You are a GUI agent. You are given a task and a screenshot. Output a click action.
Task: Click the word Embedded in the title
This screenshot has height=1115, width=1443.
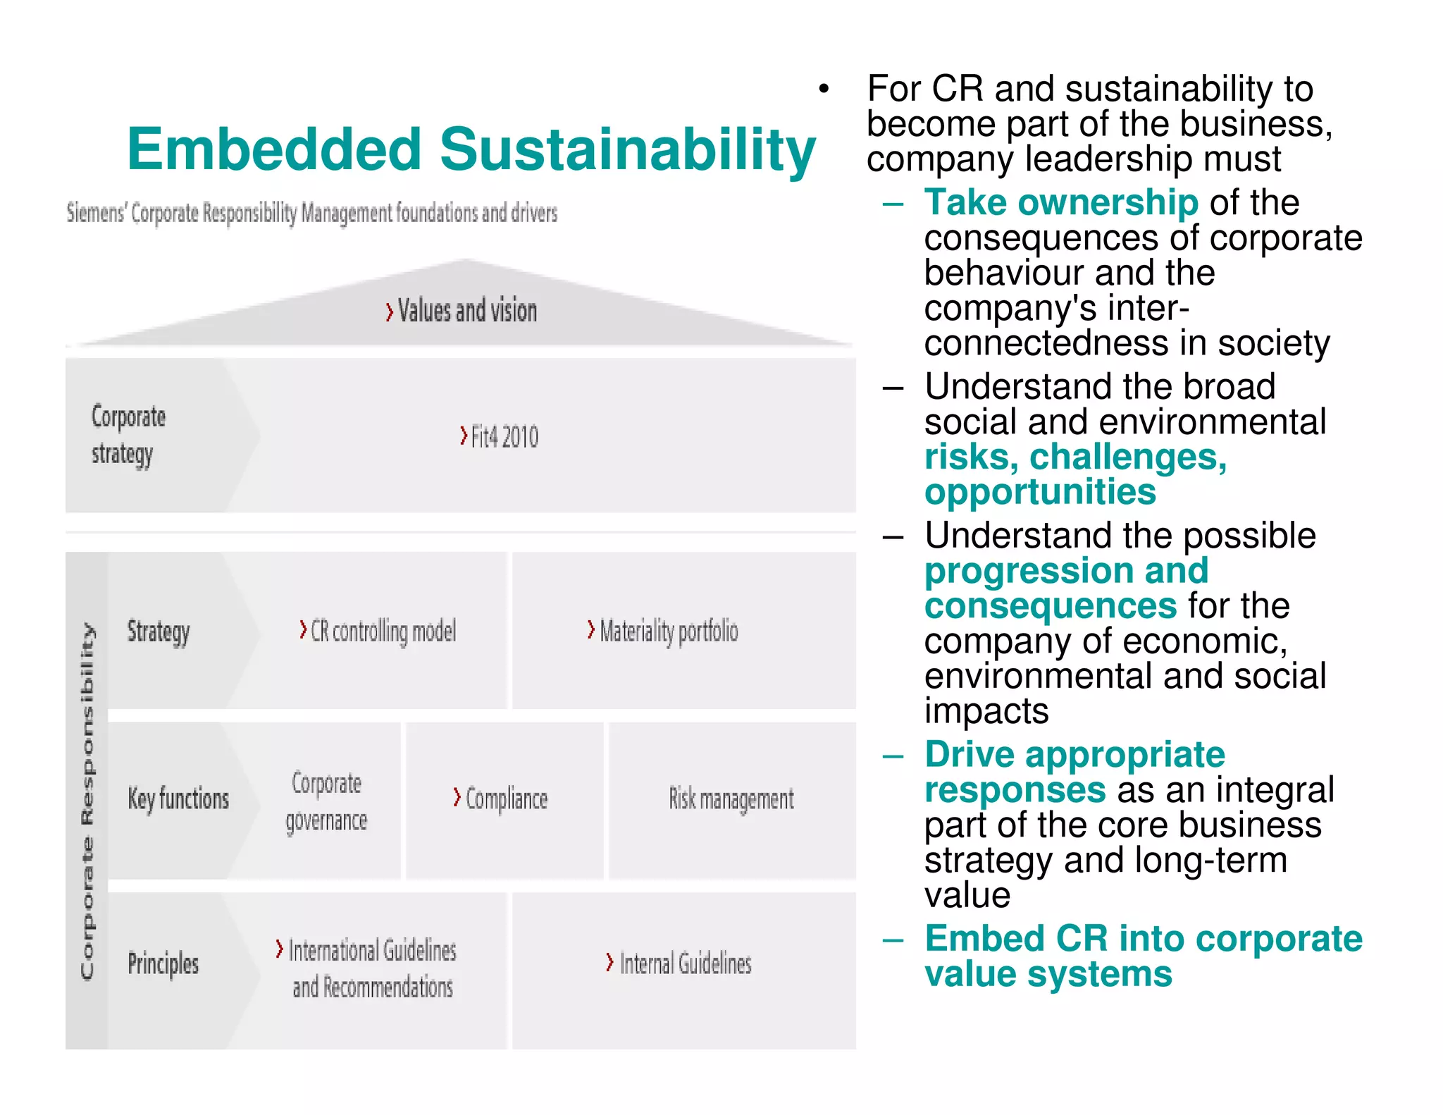pos(274,149)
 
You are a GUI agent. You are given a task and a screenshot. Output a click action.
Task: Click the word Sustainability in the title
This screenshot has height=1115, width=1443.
pos(627,149)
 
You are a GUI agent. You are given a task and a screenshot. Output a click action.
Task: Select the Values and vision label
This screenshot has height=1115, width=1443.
pos(467,311)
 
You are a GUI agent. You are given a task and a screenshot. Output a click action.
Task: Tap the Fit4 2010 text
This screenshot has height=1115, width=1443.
pos(504,437)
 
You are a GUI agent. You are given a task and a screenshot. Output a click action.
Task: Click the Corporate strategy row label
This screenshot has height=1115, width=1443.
pos(128,435)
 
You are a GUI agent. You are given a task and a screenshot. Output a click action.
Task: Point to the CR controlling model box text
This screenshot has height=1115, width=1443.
pos(383,632)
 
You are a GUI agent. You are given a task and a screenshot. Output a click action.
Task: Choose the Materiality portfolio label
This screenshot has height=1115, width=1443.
pos(669,632)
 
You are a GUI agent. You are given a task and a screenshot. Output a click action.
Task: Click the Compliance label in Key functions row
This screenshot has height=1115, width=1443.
pos(506,799)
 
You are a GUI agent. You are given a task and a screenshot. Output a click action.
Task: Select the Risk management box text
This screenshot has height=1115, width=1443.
pos(731,799)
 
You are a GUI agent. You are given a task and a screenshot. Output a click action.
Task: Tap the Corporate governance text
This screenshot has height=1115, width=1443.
pos(326,802)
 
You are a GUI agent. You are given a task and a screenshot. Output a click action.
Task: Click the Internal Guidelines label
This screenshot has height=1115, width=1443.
pos(685,963)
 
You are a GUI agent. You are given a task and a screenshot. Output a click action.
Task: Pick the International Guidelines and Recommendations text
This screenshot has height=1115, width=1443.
pos(372,968)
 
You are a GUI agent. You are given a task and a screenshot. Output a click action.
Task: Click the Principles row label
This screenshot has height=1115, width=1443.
pos(163,963)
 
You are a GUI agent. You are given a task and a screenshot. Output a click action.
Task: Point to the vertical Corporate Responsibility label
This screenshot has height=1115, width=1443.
pos(87,801)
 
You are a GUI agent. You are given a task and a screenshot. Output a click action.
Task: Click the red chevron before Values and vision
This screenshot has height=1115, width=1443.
pos(390,312)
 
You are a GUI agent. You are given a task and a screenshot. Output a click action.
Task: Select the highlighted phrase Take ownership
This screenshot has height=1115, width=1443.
pos(1060,203)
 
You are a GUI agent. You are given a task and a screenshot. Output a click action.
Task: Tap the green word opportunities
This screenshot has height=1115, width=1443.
pos(1040,492)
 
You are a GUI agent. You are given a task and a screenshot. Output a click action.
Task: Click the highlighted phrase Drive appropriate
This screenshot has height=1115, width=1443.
pos(1074,755)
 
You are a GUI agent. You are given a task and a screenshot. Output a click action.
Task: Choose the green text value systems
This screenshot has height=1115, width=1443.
pos(1048,974)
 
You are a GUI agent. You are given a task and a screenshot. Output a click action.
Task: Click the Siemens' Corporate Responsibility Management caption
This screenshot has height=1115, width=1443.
pos(311,213)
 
